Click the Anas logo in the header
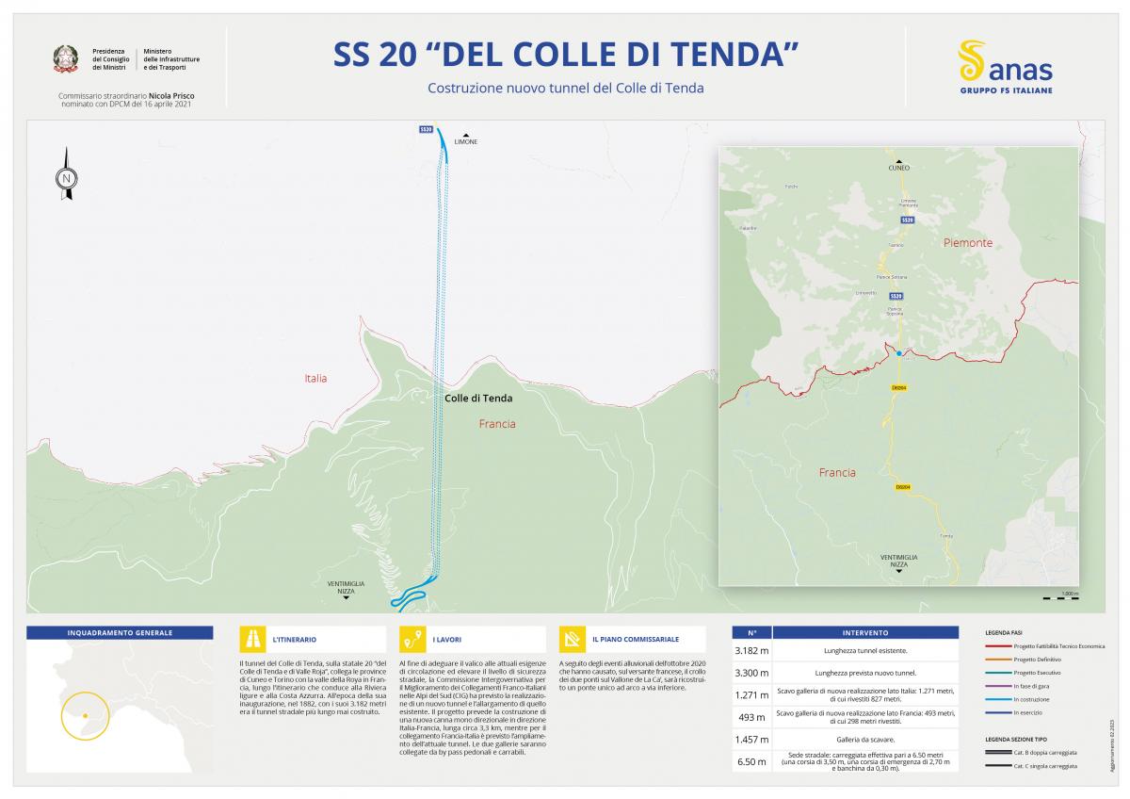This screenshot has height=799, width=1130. [x=1005, y=67]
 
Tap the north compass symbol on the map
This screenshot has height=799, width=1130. [x=66, y=175]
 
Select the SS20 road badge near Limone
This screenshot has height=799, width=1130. [x=426, y=129]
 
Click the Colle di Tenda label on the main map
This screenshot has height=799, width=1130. [x=478, y=399]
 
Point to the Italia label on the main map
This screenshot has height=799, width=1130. [x=315, y=379]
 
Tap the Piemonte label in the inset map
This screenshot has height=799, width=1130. [x=968, y=243]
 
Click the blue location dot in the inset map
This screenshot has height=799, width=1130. [x=899, y=353]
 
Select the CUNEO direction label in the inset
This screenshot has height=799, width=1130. [x=898, y=168]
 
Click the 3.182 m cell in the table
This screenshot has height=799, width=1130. [x=751, y=651]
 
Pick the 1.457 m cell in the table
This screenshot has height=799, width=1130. [x=751, y=741]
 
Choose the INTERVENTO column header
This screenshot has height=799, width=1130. [x=864, y=633]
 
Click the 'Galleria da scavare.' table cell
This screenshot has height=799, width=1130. [x=864, y=741]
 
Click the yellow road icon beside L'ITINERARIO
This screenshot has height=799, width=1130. [x=252, y=639]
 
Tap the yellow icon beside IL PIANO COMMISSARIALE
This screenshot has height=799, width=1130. [x=572, y=639]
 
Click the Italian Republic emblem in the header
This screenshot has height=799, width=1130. [x=66, y=59]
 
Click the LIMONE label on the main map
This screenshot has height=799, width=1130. [x=465, y=141]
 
